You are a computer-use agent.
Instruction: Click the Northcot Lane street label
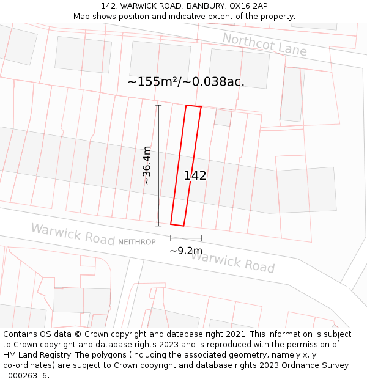click(x=264, y=44)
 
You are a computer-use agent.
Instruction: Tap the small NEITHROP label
click(x=137, y=242)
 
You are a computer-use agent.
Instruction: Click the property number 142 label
click(x=195, y=176)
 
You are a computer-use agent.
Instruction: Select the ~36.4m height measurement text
click(x=147, y=165)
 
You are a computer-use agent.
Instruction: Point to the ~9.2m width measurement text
click(x=186, y=251)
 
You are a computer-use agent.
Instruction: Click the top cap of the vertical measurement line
click(x=158, y=105)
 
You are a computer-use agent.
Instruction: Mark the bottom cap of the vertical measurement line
click(x=158, y=226)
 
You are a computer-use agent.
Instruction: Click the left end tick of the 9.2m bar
click(x=171, y=238)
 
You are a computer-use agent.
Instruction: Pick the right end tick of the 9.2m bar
click(x=201, y=238)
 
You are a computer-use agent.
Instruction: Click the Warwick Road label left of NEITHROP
click(x=72, y=234)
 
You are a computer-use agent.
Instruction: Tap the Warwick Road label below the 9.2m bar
click(x=232, y=262)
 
